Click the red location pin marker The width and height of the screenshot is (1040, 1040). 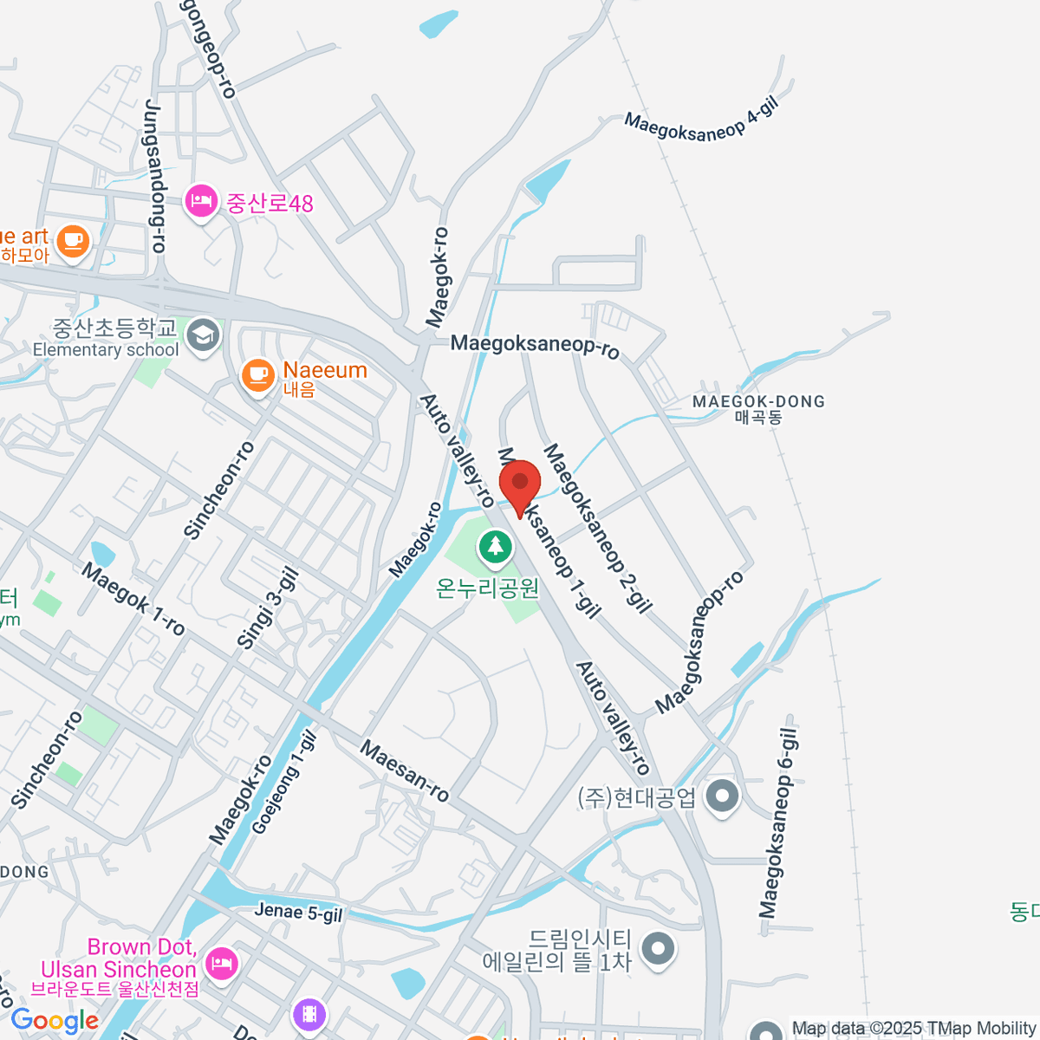click(x=520, y=484)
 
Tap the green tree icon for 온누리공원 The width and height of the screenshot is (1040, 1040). click(x=496, y=547)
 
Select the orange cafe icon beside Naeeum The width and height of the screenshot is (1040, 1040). click(x=257, y=374)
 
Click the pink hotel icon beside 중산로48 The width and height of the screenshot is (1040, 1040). click(x=201, y=202)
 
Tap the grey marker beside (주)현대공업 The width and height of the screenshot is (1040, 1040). click(x=721, y=795)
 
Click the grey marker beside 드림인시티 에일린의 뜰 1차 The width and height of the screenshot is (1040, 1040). click(x=660, y=948)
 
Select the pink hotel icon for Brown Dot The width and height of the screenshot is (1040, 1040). click(x=221, y=963)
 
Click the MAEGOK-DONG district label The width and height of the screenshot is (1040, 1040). click(x=758, y=401)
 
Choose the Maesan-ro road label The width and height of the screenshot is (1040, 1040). click(x=405, y=770)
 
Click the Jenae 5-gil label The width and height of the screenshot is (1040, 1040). click(x=299, y=912)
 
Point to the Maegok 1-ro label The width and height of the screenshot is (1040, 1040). click(x=133, y=599)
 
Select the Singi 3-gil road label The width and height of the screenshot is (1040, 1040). click(x=268, y=608)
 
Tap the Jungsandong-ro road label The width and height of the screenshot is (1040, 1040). click(x=155, y=177)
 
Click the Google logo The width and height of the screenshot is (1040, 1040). click(x=54, y=1021)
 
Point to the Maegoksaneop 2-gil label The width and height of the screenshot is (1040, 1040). click(x=597, y=529)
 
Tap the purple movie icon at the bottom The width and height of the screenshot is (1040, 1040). click(x=309, y=1013)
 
